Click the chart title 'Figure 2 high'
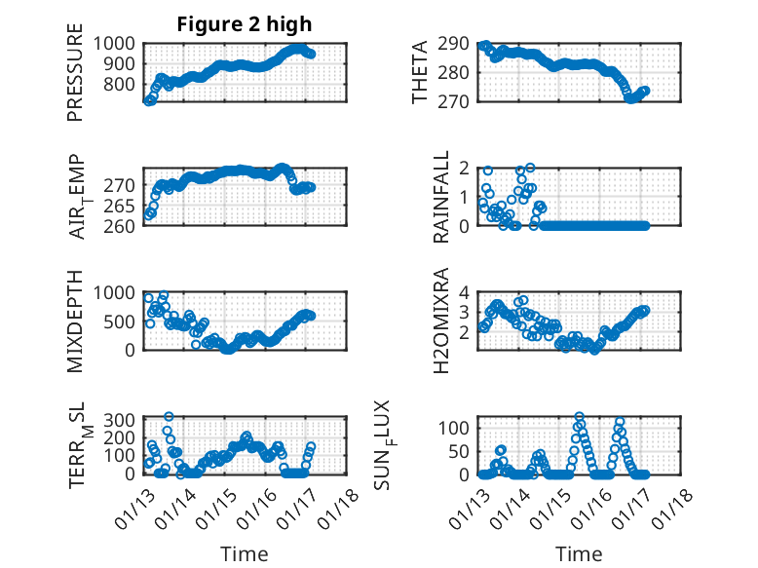click(x=245, y=24)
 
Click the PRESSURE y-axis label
click(x=75, y=79)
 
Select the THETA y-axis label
click(x=420, y=73)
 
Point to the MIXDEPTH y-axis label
click(x=75, y=322)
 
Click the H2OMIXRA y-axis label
click(x=441, y=322)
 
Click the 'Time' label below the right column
click(x=579, y=553)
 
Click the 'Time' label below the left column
click(x=245, y=553)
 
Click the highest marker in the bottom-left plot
click(x=169, y=416)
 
